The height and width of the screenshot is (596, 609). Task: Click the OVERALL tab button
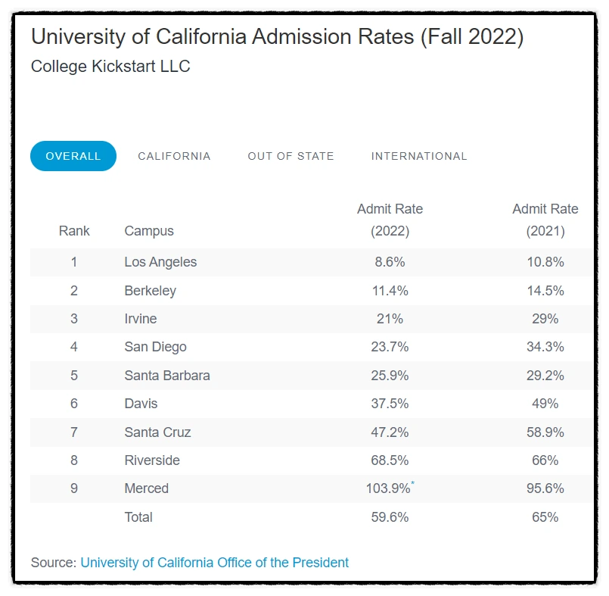click(73, 156)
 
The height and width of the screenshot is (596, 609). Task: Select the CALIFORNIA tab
click(174, 156)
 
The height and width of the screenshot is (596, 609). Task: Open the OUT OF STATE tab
click(291, 156)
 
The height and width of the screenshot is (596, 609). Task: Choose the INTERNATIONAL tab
click(419, 156)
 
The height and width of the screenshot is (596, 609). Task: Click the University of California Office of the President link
click(215, 563)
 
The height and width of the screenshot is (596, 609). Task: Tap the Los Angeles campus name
click(160, 262)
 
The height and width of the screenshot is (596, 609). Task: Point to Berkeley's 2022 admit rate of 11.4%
click(390, 291)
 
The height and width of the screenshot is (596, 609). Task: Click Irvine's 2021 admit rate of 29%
click(545, 319)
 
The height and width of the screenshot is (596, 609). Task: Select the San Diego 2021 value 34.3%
click(545, 347)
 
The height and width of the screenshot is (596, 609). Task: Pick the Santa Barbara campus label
click(167, 376)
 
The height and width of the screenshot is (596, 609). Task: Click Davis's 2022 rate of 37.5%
click(390, 404)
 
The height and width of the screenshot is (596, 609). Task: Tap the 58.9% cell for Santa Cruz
click(545, 432)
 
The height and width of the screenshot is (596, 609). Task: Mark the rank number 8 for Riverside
click(74, 460)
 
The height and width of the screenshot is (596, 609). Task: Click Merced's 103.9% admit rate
click(388, 488)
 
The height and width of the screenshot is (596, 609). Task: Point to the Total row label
click(138, 517)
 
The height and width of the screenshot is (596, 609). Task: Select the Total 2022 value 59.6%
click(390, 517)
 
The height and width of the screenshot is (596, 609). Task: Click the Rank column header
click(74, 231)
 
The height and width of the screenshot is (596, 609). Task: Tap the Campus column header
click(149, 231)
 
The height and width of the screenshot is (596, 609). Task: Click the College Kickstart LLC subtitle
click(110, 67)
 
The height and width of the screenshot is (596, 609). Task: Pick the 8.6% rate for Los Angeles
click(390, 262)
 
